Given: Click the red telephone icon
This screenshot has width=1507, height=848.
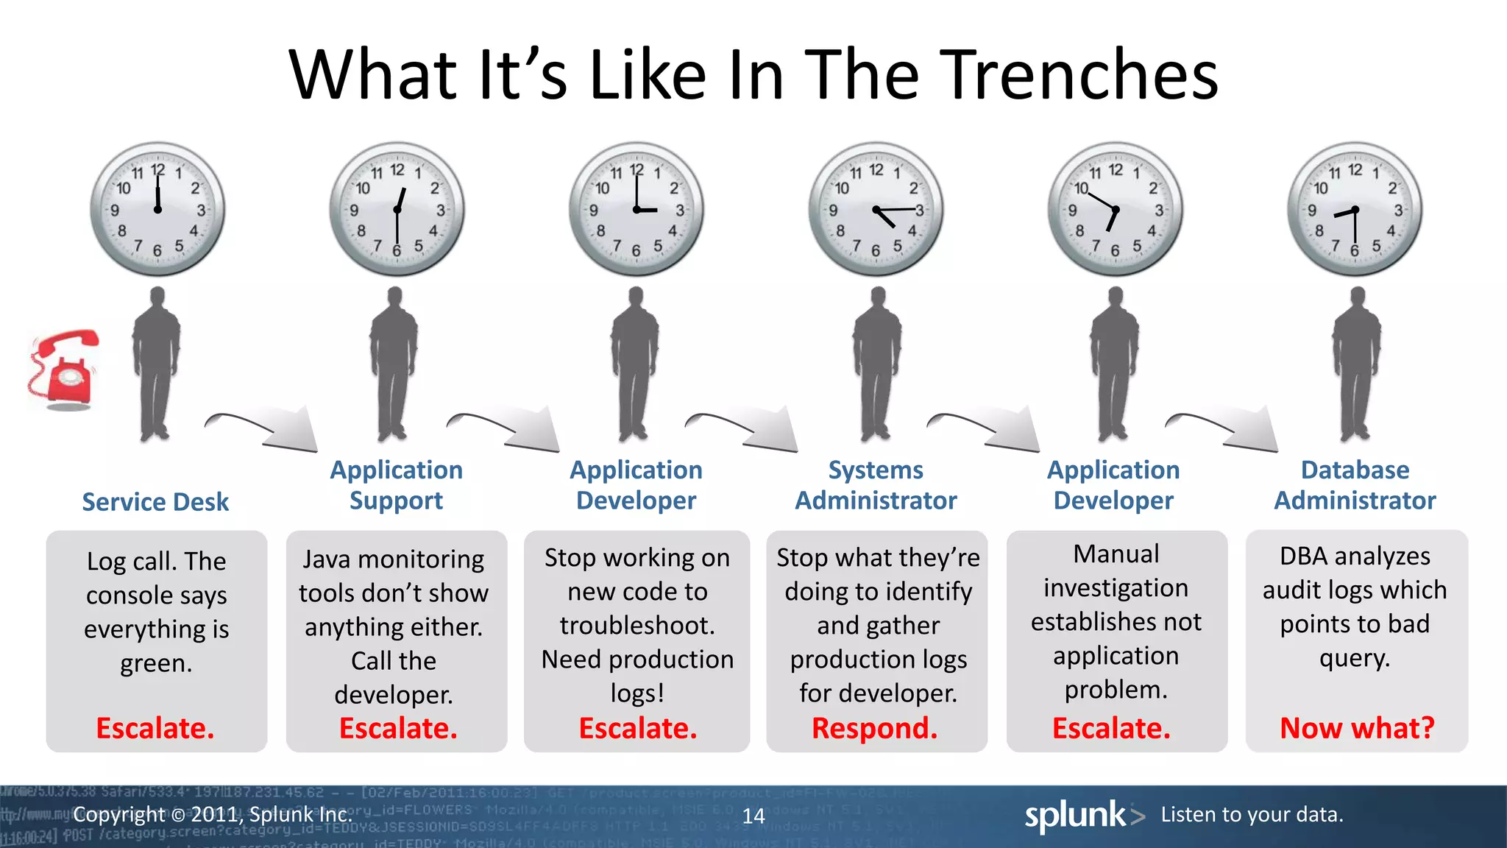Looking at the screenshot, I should [64, 370].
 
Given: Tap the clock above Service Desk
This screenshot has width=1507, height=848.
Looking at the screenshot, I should [157, 209].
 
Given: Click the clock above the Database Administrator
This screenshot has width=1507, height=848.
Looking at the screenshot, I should [1355, 209].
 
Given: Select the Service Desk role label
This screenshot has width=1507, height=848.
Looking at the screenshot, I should [155, 502].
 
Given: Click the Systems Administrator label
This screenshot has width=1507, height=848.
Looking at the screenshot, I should [876, 485].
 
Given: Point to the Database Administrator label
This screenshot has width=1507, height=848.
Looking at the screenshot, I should [1355, 485].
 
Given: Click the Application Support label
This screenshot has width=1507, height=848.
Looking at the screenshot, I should [396, 485].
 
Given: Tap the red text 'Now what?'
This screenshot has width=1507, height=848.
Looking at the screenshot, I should [1357, 728].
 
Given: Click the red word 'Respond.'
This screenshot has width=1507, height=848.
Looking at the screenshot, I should [874, 728].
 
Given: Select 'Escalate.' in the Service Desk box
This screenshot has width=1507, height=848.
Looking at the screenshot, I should [155, 728].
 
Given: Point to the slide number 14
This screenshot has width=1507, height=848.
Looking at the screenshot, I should [753, 816].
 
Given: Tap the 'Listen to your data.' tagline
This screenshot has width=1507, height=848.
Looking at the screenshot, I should [1252, 815].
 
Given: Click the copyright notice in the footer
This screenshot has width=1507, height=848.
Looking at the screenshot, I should [213, 815].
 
